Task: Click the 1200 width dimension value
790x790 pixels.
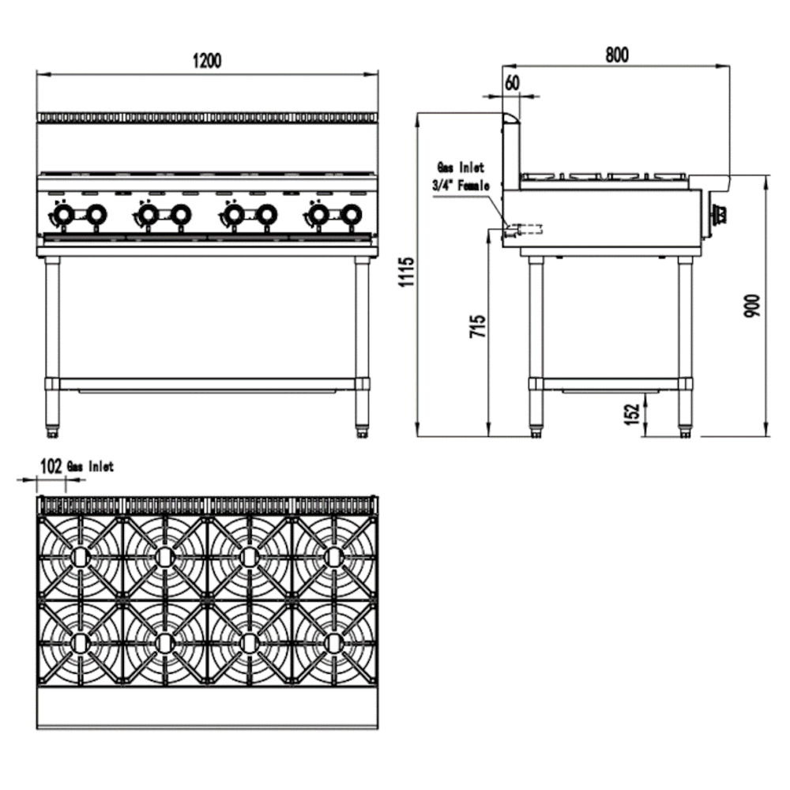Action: (207, 61)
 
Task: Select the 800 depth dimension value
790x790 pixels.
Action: (616, 54)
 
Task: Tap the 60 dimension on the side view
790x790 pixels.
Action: (512, 82)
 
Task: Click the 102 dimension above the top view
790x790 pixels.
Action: (51, 467)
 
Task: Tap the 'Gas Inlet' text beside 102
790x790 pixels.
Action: (90, 467)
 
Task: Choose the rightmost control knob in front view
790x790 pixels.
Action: (351, 213)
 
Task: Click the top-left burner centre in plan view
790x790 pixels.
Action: (79, 556)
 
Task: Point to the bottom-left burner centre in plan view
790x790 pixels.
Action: (79, 641)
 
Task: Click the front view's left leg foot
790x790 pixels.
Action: (53, 431)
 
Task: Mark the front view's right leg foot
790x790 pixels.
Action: (362, 431)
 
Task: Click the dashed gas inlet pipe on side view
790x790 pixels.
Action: (525, 229)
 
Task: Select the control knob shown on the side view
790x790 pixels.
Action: (720, 213)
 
